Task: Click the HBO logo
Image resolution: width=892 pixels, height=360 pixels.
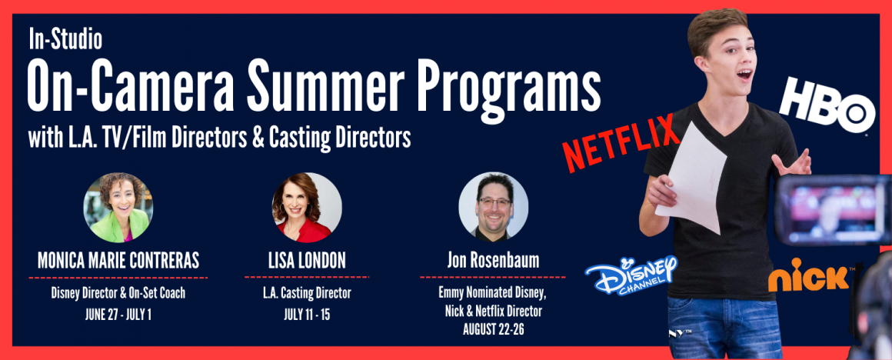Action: tap(827, 106)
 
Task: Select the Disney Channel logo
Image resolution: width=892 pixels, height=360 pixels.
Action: tap(631, 274)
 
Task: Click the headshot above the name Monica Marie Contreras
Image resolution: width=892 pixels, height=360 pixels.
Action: tap(118, 207)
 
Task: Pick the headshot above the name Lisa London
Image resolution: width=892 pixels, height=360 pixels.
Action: tap(307, 207)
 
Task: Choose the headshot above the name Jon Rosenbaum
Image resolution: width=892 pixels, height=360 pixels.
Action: tap(493, 206)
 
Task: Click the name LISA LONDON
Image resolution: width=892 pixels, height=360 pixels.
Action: tap(307, 261)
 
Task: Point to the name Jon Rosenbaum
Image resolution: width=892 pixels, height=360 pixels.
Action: tap(493, 261)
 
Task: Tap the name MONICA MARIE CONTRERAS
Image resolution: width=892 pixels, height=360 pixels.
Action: tap(118, 261)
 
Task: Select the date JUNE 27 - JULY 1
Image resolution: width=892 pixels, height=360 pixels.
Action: tap(118, 315)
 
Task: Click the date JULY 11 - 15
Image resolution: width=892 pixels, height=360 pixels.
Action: tap(307, 315)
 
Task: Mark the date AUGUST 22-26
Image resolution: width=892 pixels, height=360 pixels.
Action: tap(493, 328)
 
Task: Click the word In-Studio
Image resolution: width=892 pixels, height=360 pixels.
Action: tap(65, 39)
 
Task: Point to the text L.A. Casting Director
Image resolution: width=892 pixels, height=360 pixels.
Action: tap(307, 294)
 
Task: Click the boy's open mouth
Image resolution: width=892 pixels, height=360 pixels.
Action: tap(744, 73)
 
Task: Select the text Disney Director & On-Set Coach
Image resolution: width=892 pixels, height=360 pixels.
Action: tap(118, 294)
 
